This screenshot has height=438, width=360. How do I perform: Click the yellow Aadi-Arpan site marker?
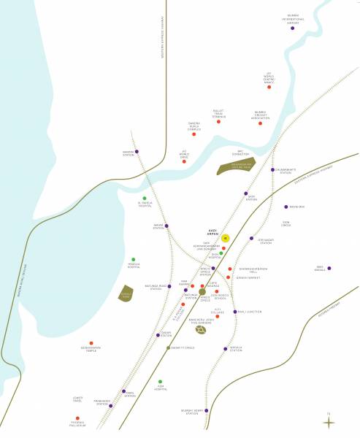tap(226, 238)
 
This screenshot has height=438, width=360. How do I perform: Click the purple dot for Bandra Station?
tap(137, 151)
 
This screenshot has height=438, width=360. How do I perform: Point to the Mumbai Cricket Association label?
tap(260, 115)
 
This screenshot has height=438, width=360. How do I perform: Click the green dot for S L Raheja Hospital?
tap(145, 198)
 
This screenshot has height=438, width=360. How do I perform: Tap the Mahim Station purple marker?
tap(166, 226)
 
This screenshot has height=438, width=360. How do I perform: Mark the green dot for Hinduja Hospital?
tap(134, 259)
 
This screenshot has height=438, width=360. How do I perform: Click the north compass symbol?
tap(331, 421)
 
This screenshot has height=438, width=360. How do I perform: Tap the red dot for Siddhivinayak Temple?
tap(91, 343)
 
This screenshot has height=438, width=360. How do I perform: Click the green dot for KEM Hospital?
tap(160, 381)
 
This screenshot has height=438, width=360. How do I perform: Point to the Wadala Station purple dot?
tap(226, 348)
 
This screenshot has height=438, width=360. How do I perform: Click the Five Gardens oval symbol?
tap(201, 329)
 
